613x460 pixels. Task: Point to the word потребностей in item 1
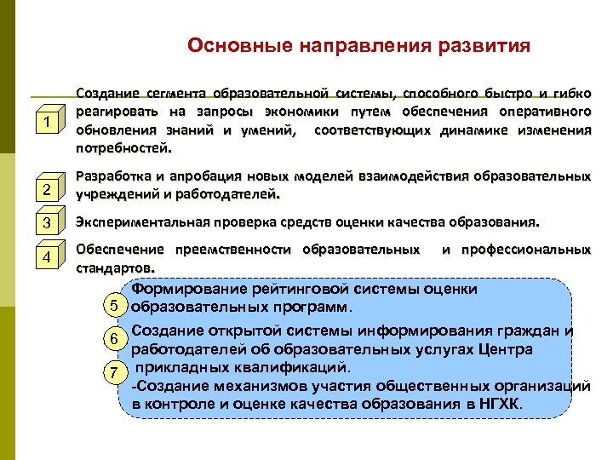[x=122, y=148]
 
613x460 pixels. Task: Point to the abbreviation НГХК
[x=501, y=403]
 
